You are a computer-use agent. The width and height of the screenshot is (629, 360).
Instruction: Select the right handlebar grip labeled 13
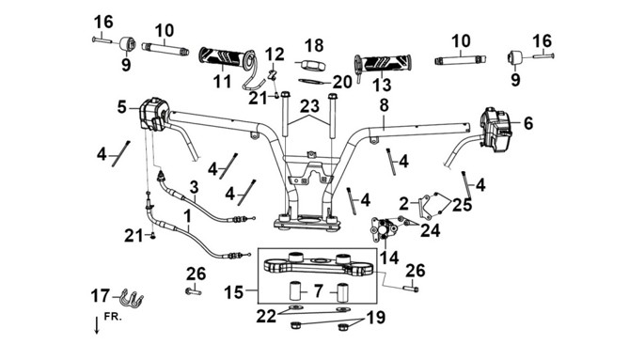click(x=383, y=63)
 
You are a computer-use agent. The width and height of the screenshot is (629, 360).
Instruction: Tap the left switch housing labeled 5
click(x=152, y=115)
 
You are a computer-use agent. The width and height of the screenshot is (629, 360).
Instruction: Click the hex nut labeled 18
click(x=309, y=65)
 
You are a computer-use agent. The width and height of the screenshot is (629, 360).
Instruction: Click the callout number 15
click(x=234, y=292)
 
